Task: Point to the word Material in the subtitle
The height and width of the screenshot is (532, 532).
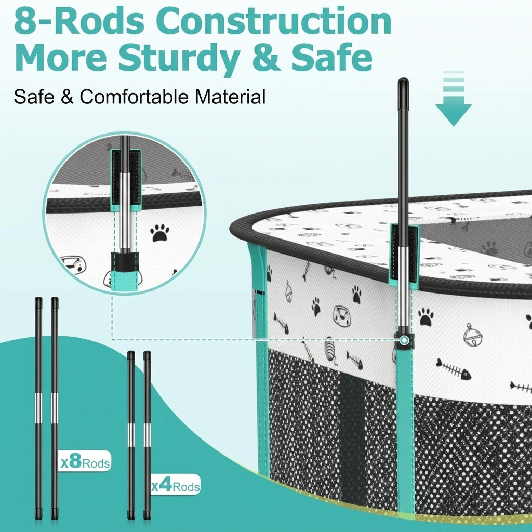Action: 230,97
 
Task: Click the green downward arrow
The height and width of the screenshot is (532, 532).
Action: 454,98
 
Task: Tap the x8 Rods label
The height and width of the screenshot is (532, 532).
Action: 86,462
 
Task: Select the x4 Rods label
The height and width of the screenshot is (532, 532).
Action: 176,485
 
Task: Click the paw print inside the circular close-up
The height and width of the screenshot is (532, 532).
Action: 160,232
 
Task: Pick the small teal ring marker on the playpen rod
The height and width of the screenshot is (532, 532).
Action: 404,340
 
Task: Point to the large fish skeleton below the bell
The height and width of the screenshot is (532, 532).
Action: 454,369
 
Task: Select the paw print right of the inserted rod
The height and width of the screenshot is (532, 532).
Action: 426,317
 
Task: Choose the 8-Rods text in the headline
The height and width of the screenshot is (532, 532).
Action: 79,21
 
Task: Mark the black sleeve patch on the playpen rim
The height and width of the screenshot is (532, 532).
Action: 403,254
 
